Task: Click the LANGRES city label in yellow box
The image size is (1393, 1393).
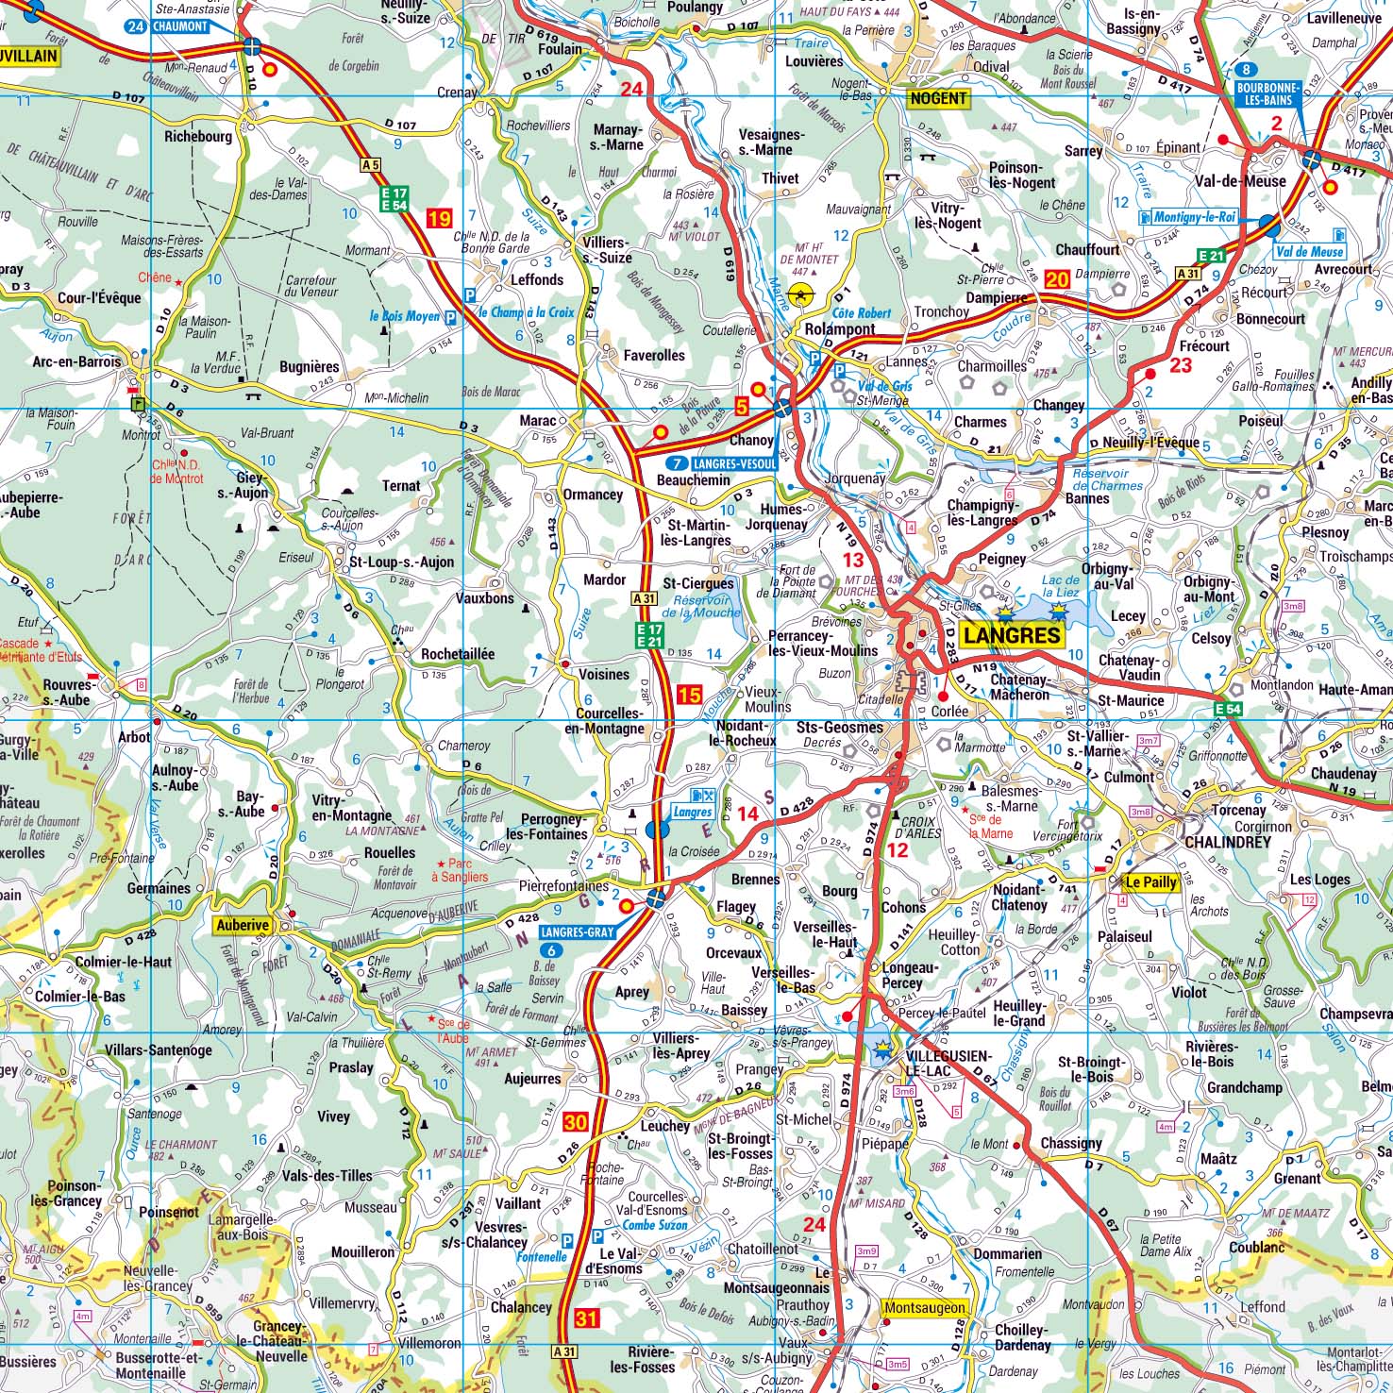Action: tap(1013, 634)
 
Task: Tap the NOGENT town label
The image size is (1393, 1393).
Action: tap(938, 98)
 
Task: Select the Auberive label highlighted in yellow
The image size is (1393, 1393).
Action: tap(242, 925)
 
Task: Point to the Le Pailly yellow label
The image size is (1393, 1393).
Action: tap(1150, 882)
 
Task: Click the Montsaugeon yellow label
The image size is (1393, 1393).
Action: tap(925, 1307)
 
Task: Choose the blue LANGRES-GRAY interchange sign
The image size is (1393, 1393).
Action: tap(577, 931)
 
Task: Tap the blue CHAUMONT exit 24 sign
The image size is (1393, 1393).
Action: tap(167, 26)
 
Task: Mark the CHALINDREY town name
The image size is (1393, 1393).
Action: tap(1227, 842)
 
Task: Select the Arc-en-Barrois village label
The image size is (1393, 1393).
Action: tap(77, 361)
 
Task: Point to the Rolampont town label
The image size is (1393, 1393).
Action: tap(840, 329)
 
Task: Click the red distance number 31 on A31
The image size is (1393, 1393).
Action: tap(586, 1317)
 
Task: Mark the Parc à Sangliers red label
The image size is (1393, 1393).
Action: tap(462, 869)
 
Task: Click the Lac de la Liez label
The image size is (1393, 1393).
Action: tap(1058, 586)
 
